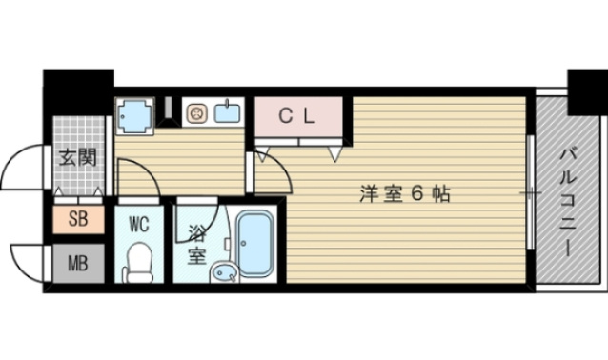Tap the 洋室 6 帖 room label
(404, 193)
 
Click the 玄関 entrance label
(76, 157)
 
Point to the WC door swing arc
(136, 175)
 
